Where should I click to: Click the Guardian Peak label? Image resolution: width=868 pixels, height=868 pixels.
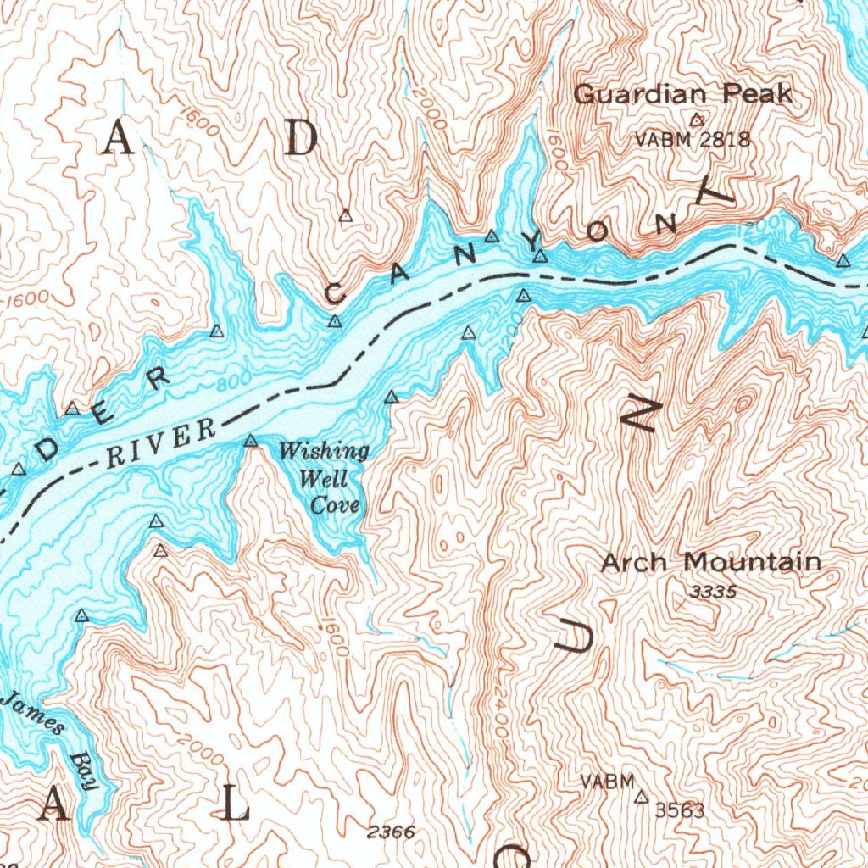(x=682, y=94)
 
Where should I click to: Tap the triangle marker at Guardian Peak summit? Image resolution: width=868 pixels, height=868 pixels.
(x=697, y=120)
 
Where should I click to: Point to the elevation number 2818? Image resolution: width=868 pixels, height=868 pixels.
(x=726, y=140)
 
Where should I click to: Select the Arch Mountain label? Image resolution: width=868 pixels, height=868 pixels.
(x=710, y=562)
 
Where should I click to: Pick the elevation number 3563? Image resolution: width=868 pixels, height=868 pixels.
(x=680, y=811)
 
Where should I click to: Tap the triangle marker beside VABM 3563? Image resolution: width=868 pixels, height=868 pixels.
(x=642, y=798)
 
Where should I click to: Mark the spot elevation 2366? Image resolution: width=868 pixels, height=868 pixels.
(x=392, y=832)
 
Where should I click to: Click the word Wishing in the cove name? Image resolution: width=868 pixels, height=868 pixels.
(x=325, y=451)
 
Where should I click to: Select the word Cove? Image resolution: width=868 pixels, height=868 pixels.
(x=334, y=506)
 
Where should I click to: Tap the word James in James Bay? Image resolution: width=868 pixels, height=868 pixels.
(x=35, y=713)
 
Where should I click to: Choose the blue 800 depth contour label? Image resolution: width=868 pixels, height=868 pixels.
(x=229, y=383)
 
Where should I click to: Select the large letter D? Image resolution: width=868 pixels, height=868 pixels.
(x=299, y=138)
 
